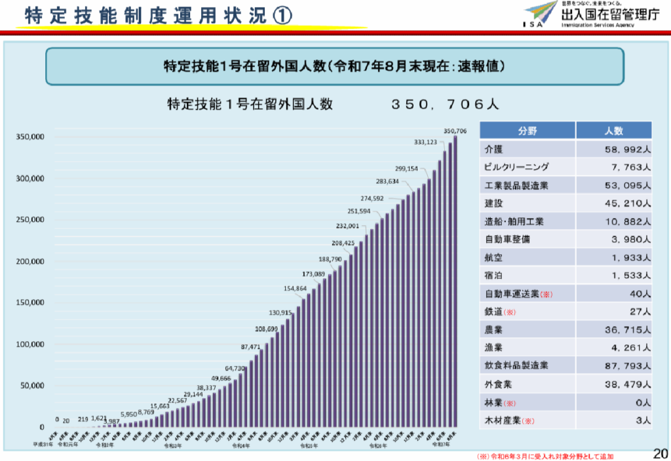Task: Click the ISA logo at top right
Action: click(543, 14)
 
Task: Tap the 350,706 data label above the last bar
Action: click(455, 131)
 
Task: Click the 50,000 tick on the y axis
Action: click(32, 386)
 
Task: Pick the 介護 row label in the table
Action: click(493, 149)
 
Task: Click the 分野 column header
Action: click(527, 131)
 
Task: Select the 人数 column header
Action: click(614, 131)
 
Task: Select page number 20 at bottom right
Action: click(661, 452)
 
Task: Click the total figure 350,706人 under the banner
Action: click(446, 104)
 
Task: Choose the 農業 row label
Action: click(493, 329)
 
